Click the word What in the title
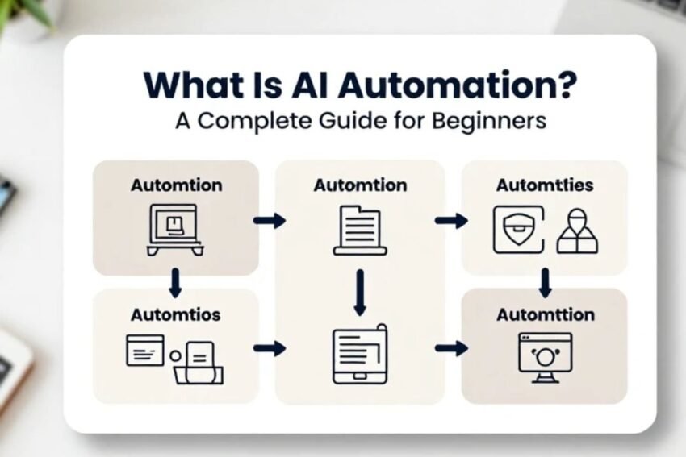click(194, 85)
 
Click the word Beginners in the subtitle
click(489, 122)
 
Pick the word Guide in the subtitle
click(353, 121)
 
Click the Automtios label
click(175, 315)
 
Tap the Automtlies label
click(545, 185)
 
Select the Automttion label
click(546, 314)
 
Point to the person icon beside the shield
click(577, 231)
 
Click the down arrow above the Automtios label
click(175, 283)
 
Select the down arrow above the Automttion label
click(545, 283)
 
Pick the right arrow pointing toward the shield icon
click(451, 221)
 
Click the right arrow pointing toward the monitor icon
click(451, 348)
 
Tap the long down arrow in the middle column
click(360, 293)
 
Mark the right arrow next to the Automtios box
click(270, 348)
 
